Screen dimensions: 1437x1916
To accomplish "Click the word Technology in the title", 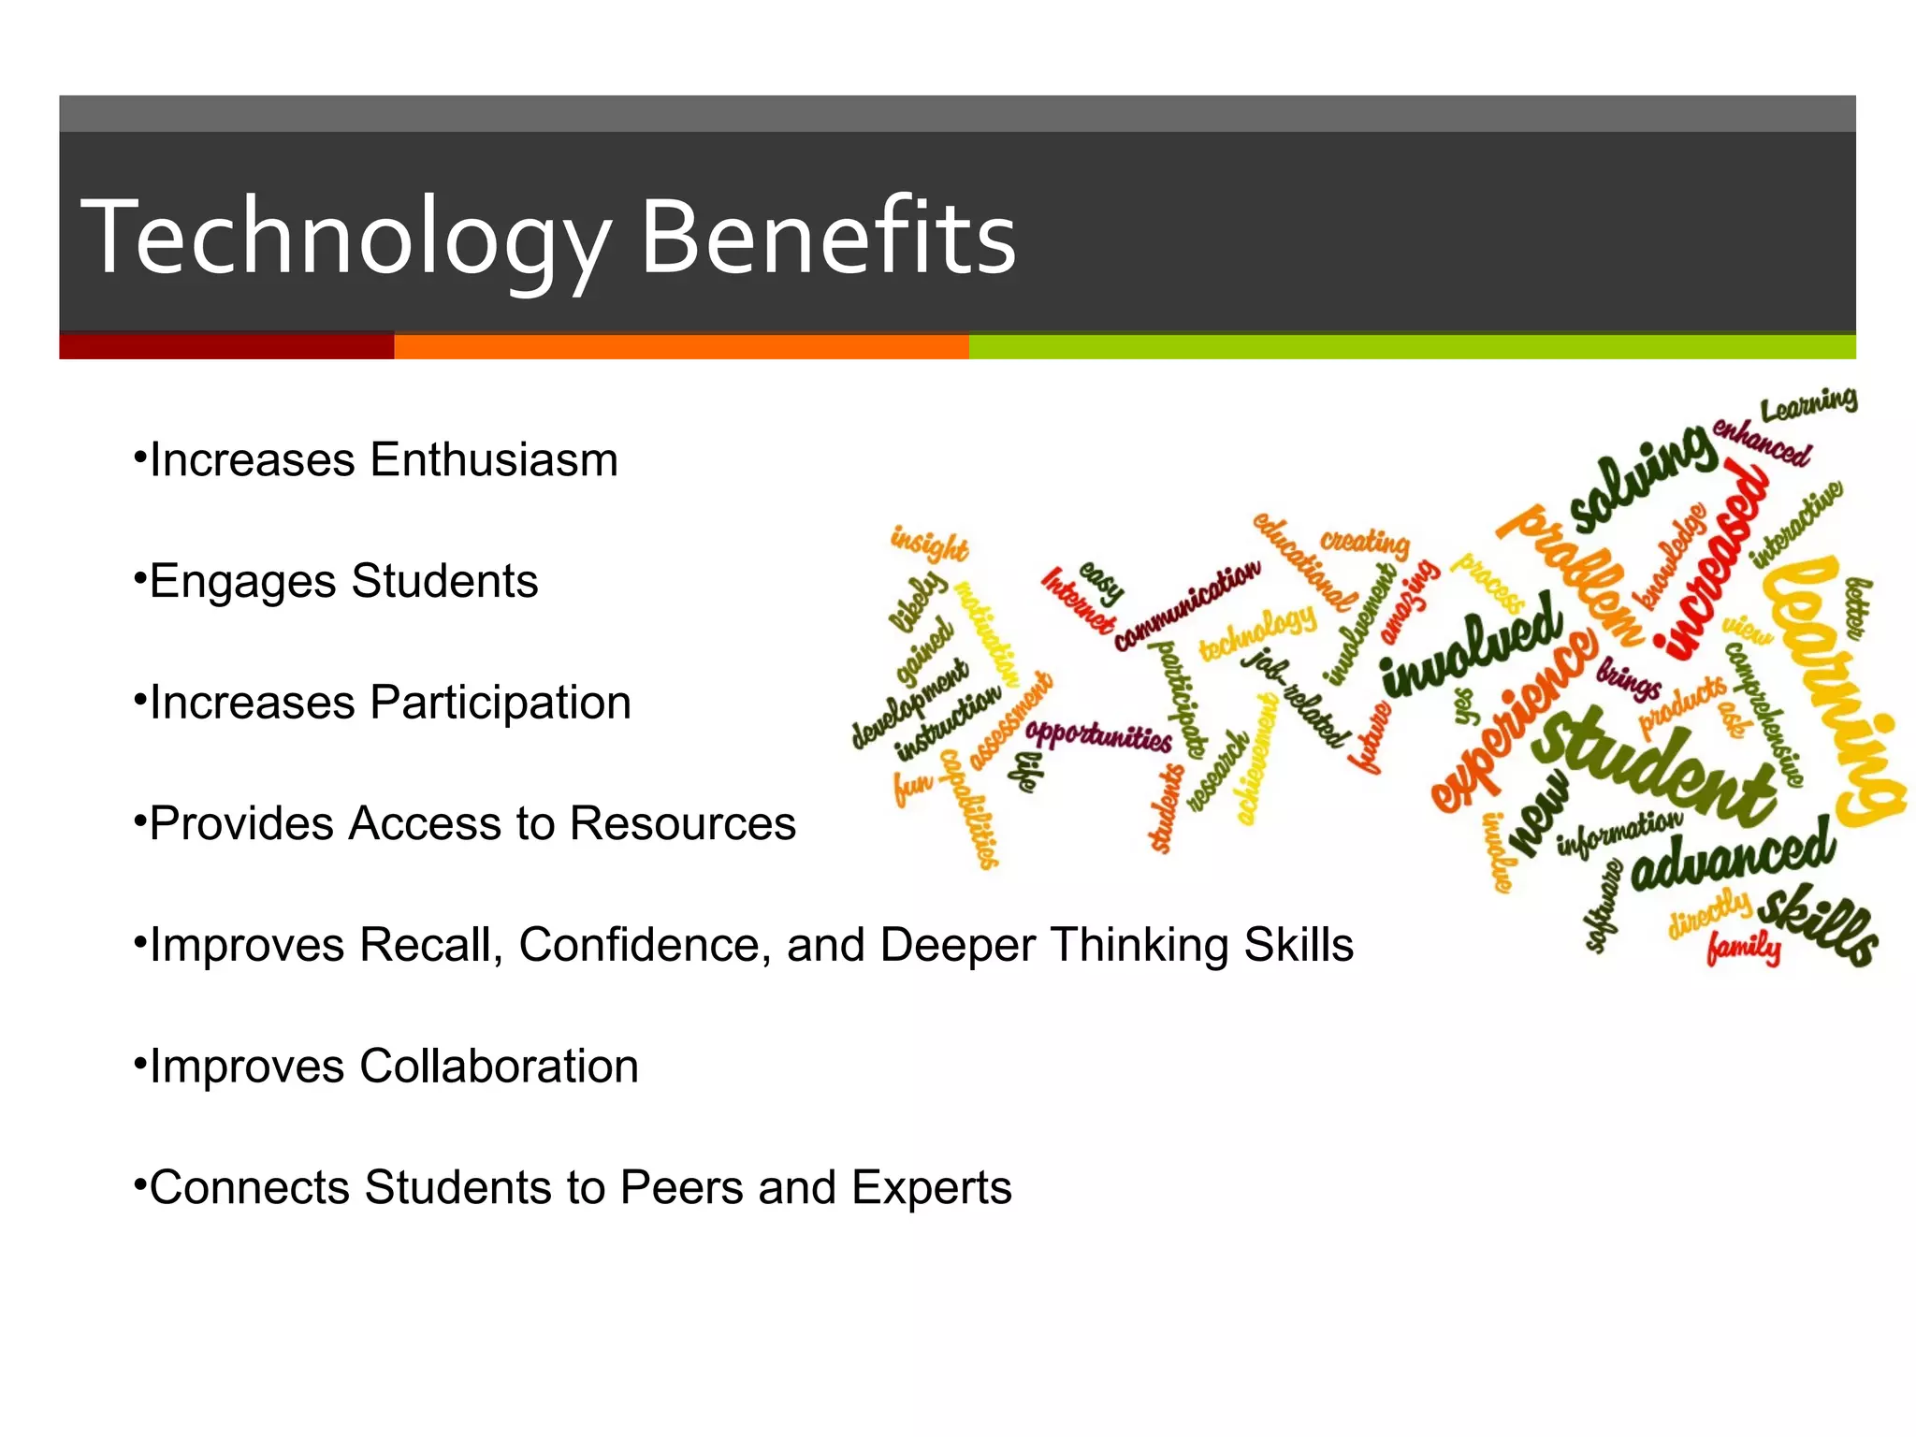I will point(346,239).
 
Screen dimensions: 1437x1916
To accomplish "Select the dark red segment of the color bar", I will point(226,346).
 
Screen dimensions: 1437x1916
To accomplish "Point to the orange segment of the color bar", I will point(681,346).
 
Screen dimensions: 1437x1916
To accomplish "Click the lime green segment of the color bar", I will point(1412,346).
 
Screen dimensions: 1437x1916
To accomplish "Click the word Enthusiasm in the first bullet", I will point(494,460).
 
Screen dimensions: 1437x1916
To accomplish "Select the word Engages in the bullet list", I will point(242,582).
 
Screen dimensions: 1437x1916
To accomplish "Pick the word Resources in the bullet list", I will point(683,824).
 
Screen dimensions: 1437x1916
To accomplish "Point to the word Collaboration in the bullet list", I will point(499,1067).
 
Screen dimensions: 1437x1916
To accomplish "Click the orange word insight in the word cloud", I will point(928,544).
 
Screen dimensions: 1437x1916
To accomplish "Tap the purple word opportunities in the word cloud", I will point(1098,735).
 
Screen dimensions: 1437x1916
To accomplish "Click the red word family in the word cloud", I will point(1743,949).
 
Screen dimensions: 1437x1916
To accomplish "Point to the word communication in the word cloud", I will point(1187,605).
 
